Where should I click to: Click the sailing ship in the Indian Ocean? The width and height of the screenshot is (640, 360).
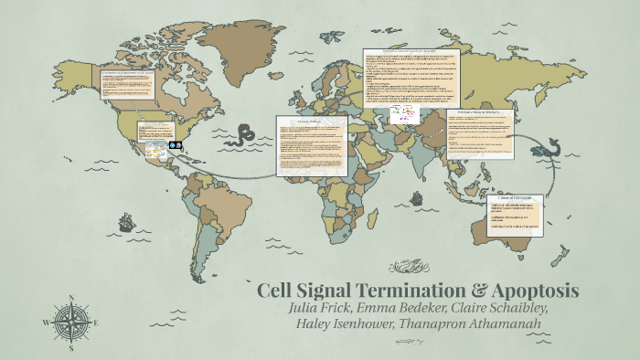pyautogui.click(x=416, y=198)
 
